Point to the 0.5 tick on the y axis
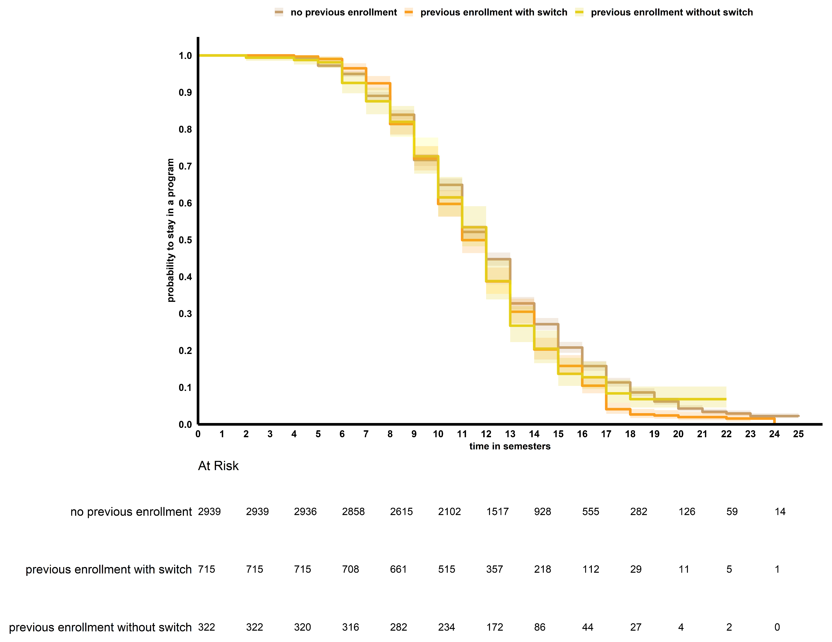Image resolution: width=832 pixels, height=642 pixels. (x=186, y=240)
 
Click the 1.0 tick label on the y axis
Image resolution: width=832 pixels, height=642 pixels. (x=186, y=56)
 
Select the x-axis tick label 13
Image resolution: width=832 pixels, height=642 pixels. (x=510, y=434)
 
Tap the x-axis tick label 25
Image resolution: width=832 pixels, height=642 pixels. (x=798, y=434)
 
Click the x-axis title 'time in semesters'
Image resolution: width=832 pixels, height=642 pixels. (x=510, y=446)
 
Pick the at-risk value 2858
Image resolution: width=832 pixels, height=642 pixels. (x=353, y=512)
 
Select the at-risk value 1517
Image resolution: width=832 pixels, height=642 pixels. (x=497, y=512)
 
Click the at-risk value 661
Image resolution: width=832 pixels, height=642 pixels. (x=399, y=569)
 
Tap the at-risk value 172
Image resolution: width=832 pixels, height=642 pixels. (x=495, y=627)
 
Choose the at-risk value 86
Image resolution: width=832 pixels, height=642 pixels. (x=540, y=627)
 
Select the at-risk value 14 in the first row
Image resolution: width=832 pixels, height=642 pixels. (x=780, y=512)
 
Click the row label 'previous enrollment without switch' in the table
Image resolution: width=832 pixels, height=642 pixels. (x=100, y=627)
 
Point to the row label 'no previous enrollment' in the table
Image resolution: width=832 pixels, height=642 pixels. (x=131, y=512)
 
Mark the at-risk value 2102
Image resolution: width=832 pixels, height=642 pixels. (x=449, y=512)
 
